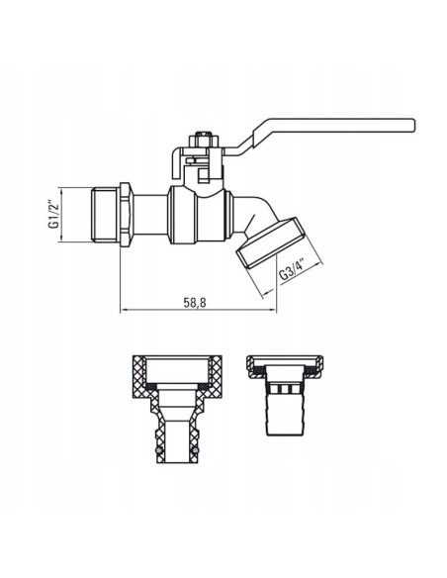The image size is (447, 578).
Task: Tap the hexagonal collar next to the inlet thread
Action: pos(126,211)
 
